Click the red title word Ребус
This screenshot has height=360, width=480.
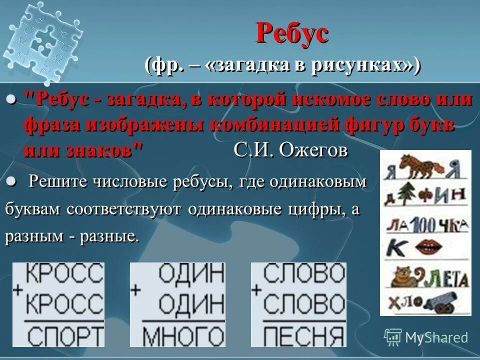pos(292,33)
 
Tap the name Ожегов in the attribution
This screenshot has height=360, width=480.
pos(314,150)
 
